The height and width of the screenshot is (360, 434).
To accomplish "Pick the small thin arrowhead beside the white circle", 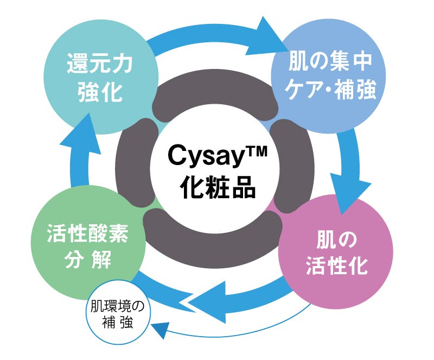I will click(x=161, y=329).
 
